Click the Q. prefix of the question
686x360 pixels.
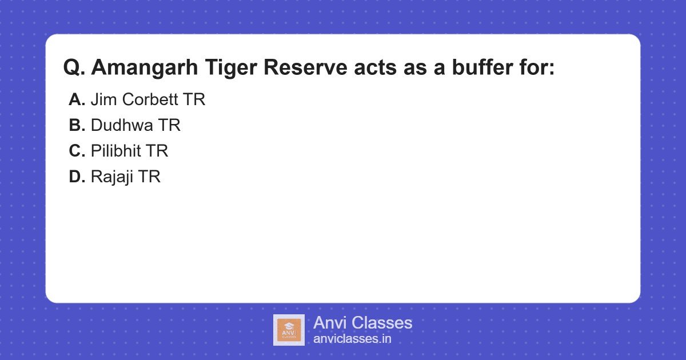[x=74, y=68]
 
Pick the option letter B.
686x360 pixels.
[x=77, y=126]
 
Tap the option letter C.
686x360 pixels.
[x=77, y=151]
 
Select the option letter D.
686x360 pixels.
[x=77, y=177]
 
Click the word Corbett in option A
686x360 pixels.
[x=149, y=100]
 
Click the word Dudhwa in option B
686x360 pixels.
[x=122, y=126]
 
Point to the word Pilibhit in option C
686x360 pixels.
[x=116, y=151]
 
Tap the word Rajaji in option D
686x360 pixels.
[x=113, y=177]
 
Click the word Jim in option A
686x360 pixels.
[x=102, y=100]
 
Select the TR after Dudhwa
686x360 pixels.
[x=169, y=126]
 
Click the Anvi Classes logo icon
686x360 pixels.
[x=289, y=330]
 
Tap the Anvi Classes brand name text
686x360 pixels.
[x=362, y=323]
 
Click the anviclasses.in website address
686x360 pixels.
[x=352, y=339]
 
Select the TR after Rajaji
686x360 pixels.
[x=150, y=177]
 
